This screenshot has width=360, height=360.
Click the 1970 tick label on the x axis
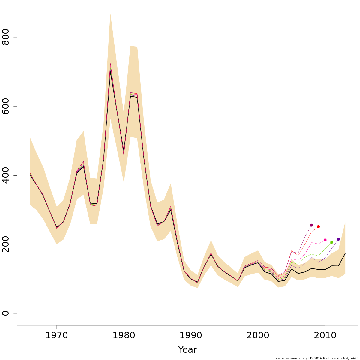click(57, 335)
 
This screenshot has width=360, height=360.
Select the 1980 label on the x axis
click(124, 335)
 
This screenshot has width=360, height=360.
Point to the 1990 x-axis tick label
click(191, 335)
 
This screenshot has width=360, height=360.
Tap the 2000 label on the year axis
click(258, 335)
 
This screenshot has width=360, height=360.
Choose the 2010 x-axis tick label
click(325, 335)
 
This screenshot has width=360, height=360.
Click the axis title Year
click(187, 350)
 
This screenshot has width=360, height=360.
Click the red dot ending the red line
click(318, 227)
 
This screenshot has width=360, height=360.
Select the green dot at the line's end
click(332, 242)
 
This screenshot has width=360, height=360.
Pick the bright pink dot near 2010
click(325, 240)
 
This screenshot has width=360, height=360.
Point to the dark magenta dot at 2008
click(311, 225)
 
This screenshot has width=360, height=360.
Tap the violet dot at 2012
click(338, 239)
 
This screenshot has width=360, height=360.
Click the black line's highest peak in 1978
click(110, 72)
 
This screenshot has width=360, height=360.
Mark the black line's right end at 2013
click(345, 253)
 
